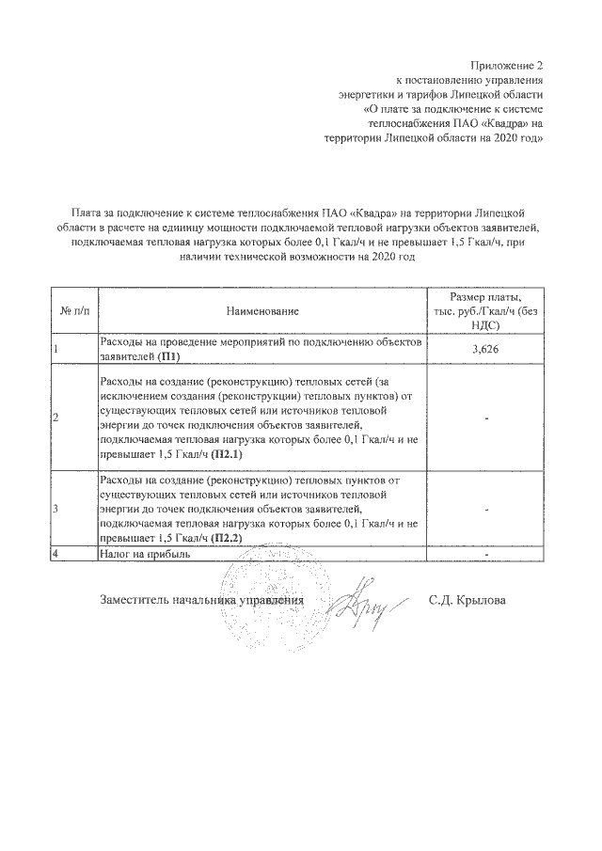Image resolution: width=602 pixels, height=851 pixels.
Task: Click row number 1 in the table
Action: [56, 350]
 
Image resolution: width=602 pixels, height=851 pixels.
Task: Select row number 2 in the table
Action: [56, 417]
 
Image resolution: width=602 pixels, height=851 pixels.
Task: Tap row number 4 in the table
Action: [56, 554]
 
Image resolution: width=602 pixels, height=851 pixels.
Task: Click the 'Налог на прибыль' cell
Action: [145, 554]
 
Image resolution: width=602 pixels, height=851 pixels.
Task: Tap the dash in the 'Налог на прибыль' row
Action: [486, 554]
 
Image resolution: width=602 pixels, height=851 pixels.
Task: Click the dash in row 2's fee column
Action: [486, 417]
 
